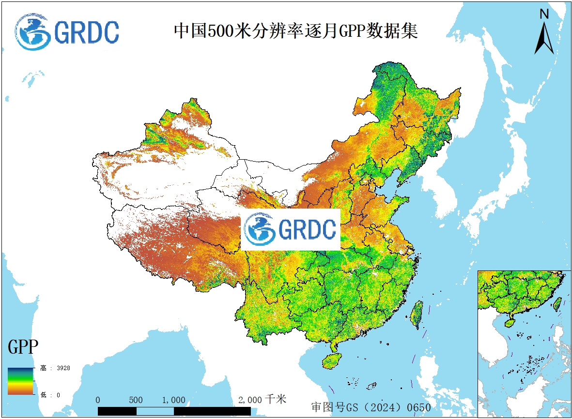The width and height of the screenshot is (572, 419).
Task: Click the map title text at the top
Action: tap(295, 31)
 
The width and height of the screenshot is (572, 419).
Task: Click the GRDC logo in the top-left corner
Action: tap(67, 31)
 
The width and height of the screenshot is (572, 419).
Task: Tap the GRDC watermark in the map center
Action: tap(291, 230)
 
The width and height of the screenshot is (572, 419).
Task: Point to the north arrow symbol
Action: tap(544, 39)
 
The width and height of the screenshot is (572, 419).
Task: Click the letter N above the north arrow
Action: tap(544, 15)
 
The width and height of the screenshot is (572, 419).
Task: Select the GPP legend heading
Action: tap(23, 347)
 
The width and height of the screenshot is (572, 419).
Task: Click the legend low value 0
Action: tap(58, 395)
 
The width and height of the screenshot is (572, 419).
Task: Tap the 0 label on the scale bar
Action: tap(98, 400)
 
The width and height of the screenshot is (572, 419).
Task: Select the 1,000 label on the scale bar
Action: tap(173, 400)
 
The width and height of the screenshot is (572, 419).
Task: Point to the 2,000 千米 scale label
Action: tap(262, 400)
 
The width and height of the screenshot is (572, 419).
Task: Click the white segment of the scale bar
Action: tap(155, 411)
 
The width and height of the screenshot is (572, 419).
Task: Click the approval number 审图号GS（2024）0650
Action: tap(371, 407)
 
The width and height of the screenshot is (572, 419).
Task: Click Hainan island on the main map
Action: tap(332, 361)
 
